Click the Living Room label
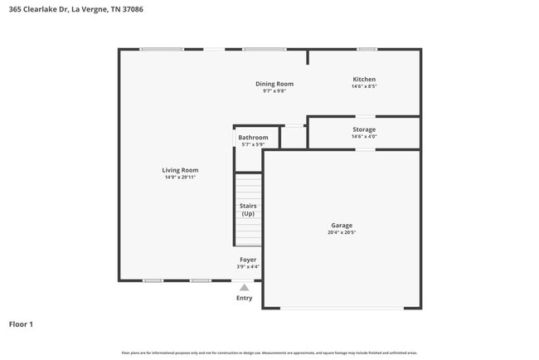[x=180, y=170]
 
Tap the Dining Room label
[x=274, y=84]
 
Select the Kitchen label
[x=364, y=80]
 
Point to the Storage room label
[x=364, y=129]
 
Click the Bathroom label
[x=253, y=138]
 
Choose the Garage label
[x=342, y=226]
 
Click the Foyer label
[x=248, y=260]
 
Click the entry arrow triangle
[x=244, y=287]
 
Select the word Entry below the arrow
[x=244, y=298]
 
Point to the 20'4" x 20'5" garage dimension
[x=342, y=233]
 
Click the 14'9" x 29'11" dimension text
[x=180, y=178]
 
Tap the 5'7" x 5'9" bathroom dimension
[x=253, y=145]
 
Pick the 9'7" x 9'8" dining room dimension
[x=274, y=91]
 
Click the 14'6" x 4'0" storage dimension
[x=364, y=137]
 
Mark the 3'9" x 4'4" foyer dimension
[x=248, y=267]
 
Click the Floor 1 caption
[x=22, y=324]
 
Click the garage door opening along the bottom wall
[x=342, y=309]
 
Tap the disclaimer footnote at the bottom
[x=269, y=353]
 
